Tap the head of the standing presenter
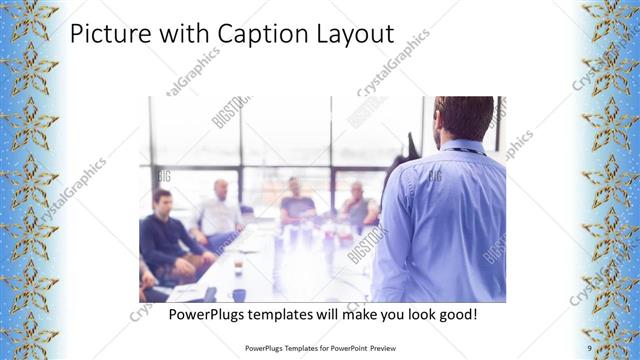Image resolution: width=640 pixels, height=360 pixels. pyautogui.click(x=463, y=117)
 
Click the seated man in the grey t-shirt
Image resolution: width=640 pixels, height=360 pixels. pyautogui.click(x=297, y=200)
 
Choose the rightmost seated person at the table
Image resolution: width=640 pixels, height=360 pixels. pyautogui.click(x=358, y=205)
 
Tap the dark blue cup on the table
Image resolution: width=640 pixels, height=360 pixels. pyautogui.click(x=239, y=294)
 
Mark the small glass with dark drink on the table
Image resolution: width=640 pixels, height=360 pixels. pyautogui.click(x=238, y=265)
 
